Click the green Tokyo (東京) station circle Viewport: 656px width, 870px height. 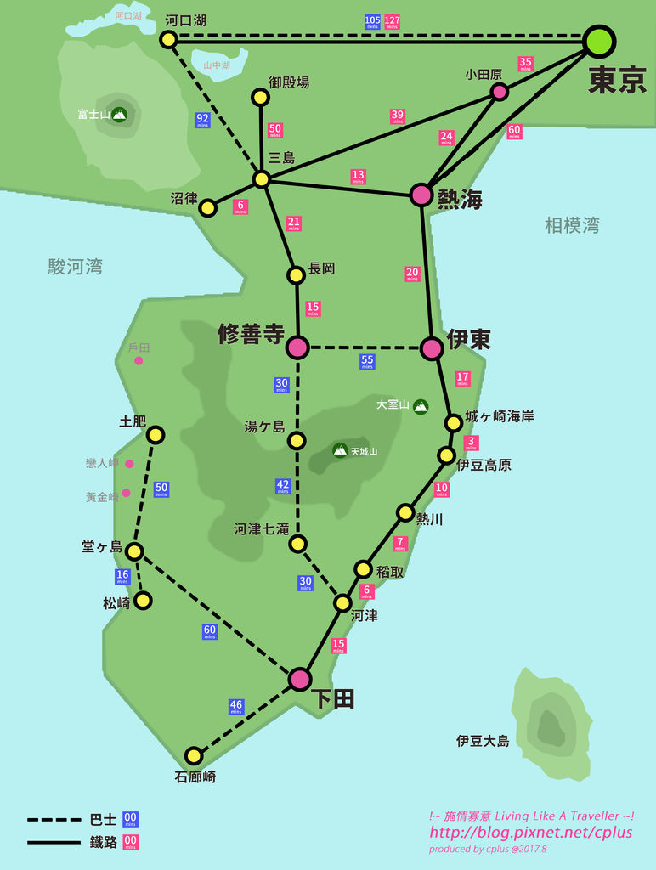599,41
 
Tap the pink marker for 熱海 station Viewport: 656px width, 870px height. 421,195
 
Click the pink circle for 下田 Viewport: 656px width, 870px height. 299,679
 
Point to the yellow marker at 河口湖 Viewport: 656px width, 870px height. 168,39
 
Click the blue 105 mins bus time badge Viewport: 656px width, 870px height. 372,22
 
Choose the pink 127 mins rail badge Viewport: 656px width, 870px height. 393,22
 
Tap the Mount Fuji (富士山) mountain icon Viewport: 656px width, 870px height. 119,114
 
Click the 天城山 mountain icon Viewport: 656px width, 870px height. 340,450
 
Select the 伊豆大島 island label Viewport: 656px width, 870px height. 483,741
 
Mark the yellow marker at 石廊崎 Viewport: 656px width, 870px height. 194,755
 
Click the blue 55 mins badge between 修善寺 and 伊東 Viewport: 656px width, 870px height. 367,361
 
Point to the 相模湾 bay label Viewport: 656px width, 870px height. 572,225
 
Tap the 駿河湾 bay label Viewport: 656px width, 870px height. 76,267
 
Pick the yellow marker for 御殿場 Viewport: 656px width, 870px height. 261,97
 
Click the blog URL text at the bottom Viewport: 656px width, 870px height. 531,833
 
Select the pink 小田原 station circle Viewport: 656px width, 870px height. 500,91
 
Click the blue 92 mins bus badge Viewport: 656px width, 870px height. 202,120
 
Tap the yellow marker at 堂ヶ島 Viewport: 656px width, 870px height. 133,551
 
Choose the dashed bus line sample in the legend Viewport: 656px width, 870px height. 54,820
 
